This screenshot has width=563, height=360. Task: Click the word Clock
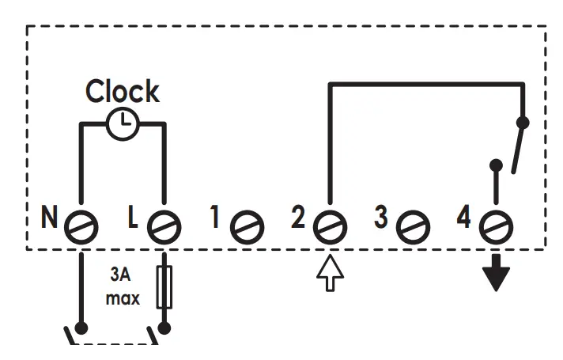click(x=123, y=91)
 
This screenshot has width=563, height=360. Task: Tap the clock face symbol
click(x=123, y=124)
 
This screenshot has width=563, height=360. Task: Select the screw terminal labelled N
click(x=81, y=227)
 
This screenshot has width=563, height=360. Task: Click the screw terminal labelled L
click(x=163, y=227)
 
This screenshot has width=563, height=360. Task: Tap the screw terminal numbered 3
click(x=412, y=228)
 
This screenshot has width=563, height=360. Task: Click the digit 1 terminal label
click(x=216, y=218)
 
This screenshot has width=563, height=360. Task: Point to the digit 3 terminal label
click(x=383, y=218)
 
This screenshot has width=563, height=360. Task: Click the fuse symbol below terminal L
click(x=164, y=287)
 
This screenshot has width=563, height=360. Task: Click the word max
click(x=123, y=299)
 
